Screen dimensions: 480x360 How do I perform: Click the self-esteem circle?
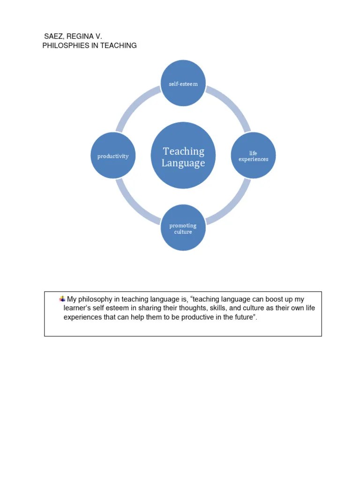pyautogui.click(x=183, y=84)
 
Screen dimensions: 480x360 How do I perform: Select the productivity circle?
pyautogui.click(x=113, y=156)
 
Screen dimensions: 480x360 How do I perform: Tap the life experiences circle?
pyautogui.click(x=253, y=156)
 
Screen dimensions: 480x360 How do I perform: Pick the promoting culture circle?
pyautogui.click(x=183, y=228)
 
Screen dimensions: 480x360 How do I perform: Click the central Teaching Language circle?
pyautogui.click(x=183, y=156)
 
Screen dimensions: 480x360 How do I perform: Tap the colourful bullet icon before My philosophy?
pyautogui.click(x=62, y=299)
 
